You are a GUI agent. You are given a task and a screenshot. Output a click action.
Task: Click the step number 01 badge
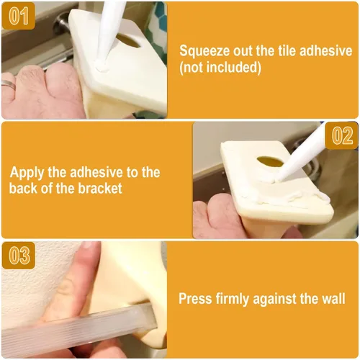pyautogui.click(x=18, y=16)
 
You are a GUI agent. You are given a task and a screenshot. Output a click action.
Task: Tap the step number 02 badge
pyautogui.click(x=342, y=135)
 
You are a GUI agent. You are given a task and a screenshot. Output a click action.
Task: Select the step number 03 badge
pyautogui.click(x=18, y=256)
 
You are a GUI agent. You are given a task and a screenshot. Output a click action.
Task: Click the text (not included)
pyautogui.click(x=220, y=68)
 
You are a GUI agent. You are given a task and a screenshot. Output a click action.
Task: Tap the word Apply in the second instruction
pyautogui.click(x=27, y=174)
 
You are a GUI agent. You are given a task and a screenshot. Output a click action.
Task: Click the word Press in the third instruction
pyautogui.click(x=195, y=298)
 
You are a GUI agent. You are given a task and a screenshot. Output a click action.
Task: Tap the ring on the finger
pyautogui.click(x=9, y=85)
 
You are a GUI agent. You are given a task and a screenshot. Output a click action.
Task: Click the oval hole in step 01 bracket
pyautogui.click(x=127, y=41)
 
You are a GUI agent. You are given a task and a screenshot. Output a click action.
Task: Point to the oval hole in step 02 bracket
pyautogui.click(x=270, y=161)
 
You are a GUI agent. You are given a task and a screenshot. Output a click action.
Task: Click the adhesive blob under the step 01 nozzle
pyautogui.click(x=101, y=66)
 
